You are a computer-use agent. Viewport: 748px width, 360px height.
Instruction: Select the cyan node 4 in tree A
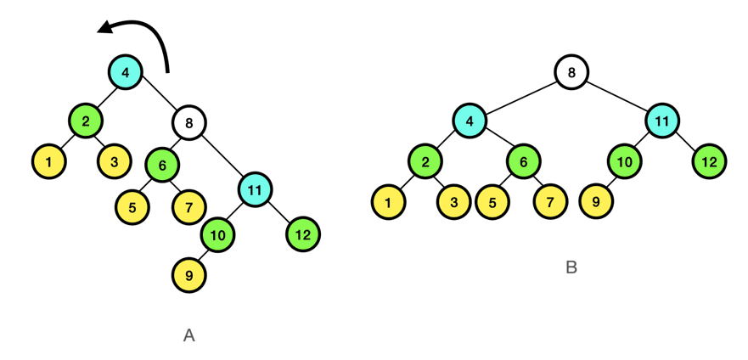(126, 72)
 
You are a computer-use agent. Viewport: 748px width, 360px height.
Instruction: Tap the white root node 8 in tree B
(571, 72)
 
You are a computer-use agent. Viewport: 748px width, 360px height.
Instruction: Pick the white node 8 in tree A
(188, 123)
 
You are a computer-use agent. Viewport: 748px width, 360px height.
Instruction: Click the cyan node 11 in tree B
(661, 121)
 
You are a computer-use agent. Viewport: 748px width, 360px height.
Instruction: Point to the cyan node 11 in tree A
(255, 188)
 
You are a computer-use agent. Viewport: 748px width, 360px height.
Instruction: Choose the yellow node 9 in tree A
(188, 275)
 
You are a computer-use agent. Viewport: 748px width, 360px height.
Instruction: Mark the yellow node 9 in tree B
(597, 202)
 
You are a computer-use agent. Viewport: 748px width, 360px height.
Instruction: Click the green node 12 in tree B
(710, 161)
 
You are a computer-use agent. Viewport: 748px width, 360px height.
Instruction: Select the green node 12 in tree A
(303, 233)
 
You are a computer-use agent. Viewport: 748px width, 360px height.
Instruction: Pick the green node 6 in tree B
(524, 161)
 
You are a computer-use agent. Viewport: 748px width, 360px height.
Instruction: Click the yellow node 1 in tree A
(49, 161)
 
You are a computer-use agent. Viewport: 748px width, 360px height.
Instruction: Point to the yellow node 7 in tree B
(550, 202)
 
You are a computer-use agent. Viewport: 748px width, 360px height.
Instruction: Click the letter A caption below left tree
(188, 335)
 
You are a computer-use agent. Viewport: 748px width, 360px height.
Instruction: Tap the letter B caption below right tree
(571, 267)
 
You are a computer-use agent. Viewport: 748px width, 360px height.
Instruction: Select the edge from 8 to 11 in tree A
(222, 155)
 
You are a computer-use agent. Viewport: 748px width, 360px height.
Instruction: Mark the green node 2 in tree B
(425, 161)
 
